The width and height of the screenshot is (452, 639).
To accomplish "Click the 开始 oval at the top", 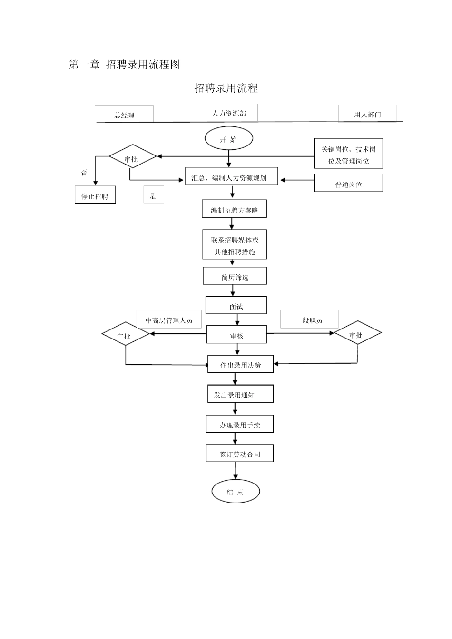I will [228, 139].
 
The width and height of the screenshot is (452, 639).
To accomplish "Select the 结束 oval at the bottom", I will [236, 492].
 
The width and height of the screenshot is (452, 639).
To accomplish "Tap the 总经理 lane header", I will [125, 115].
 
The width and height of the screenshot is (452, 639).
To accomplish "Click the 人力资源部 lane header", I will [229, 113].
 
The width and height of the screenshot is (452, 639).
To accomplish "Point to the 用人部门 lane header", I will [367, 114].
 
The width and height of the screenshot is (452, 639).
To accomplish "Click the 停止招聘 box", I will [95, 195].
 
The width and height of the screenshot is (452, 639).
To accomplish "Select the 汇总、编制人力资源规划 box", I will [231, 178].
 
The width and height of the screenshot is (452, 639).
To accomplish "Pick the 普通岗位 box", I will [348, 184].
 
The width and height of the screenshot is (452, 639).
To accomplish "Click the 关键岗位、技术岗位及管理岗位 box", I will [348, 154].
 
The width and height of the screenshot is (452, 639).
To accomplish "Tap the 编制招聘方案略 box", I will [234, 209].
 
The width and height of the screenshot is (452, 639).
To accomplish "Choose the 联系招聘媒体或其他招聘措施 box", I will [235, 245].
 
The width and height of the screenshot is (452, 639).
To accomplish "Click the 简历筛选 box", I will [235, 276].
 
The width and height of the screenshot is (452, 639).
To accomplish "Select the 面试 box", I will [236, 306].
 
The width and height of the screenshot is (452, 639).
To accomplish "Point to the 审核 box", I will [236, 335].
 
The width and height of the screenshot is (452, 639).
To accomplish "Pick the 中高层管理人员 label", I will [169, 320].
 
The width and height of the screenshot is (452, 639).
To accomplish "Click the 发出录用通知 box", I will [240, 394].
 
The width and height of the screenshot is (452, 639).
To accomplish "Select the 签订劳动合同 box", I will [240, 454].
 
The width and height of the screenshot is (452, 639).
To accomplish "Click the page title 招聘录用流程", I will [226, 88].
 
